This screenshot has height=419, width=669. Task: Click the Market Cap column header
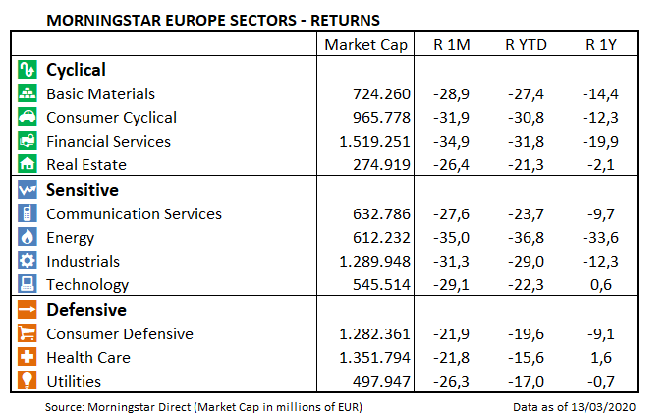pos(363,45)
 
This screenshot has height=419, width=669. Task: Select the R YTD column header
pos(525,45)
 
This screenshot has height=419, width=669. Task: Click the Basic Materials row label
pos(101,94)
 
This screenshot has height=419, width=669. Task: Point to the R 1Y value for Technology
pos(602,285)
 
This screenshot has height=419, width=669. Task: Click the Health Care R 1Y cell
pos(602,358)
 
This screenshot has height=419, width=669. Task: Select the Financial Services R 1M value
pos(454,142)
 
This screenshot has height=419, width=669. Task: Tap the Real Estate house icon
pos(28,165)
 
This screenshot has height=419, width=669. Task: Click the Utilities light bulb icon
pos(28,382)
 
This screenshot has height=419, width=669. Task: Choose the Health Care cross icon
pos(28,358)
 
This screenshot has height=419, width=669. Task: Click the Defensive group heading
pos(84,310)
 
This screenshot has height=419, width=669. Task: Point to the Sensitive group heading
pos(83,190)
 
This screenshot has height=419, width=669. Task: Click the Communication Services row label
pos(135,214)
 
